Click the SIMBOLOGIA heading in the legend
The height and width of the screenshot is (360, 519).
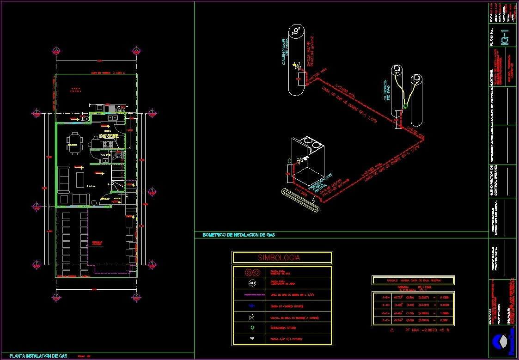[281, 258]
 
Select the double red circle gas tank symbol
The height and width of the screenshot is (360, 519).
[252, 272]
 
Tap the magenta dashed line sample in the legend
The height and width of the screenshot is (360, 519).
[252, 295]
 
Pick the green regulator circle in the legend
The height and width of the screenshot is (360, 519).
[252, 328]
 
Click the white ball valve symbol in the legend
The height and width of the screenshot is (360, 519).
[252, 317]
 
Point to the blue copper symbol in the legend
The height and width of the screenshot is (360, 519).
[252, 306]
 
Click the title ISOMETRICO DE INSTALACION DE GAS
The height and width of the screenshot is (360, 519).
[238, 235]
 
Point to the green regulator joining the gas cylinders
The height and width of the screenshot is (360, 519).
[405, 106]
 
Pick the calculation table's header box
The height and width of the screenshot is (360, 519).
[413, 280]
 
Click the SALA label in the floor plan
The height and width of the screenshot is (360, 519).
[91, 185]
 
